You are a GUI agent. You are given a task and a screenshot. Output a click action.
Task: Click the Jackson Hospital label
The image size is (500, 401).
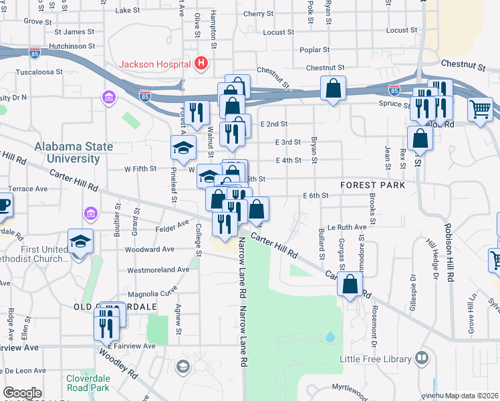156,65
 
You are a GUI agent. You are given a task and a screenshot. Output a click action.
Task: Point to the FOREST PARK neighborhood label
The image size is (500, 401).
372,184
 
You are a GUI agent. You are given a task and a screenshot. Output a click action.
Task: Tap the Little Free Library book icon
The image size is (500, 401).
421,359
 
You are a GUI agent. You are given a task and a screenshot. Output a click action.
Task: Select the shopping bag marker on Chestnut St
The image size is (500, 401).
333,88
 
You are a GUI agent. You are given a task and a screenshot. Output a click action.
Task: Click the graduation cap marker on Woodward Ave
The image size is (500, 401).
80,241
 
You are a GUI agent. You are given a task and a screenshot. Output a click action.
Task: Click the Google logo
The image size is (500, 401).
22,393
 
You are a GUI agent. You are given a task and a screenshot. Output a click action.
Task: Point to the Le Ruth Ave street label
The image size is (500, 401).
347,227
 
